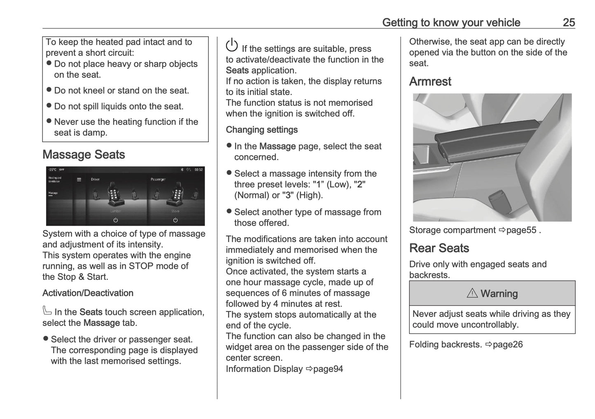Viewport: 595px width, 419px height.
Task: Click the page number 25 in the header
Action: click(568, 22)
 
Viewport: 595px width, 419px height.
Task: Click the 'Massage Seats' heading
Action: click(84, 155)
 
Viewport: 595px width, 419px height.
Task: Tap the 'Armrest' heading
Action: click(430, 81)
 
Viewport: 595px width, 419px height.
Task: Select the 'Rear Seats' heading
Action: click(439, 248)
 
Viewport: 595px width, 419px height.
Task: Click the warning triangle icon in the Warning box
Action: click(472, 293)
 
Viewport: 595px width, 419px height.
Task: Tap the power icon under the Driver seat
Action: click(116, 220)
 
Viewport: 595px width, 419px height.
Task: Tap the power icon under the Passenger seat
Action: click(175, 220)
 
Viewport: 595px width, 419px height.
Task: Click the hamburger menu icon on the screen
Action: click(79, 179)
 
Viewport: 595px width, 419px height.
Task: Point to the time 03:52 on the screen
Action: click(198, 170)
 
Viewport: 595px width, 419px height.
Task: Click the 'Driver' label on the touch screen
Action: click(95, 179)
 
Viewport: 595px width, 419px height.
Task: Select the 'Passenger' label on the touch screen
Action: click(158, 179)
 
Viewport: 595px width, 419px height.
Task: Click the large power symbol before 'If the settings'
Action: click(232, 45)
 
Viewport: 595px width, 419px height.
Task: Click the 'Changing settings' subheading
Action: click(261, 130)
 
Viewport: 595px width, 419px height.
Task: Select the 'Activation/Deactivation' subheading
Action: click(88, 293)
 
